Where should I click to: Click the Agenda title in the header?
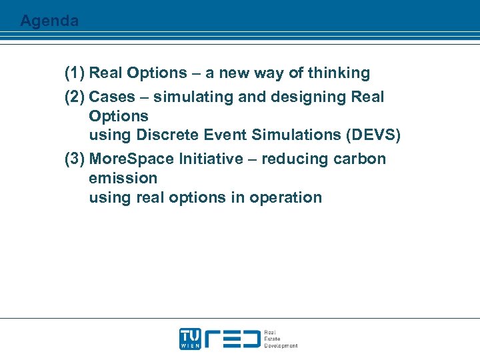[49, 21]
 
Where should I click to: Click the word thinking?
[337, 73]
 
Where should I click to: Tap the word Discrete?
[165, 135]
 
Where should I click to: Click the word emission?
[123, 178]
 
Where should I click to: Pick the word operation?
[285, 197]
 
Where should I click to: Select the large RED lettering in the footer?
[231, 339]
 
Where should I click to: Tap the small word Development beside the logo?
[281, 346]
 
